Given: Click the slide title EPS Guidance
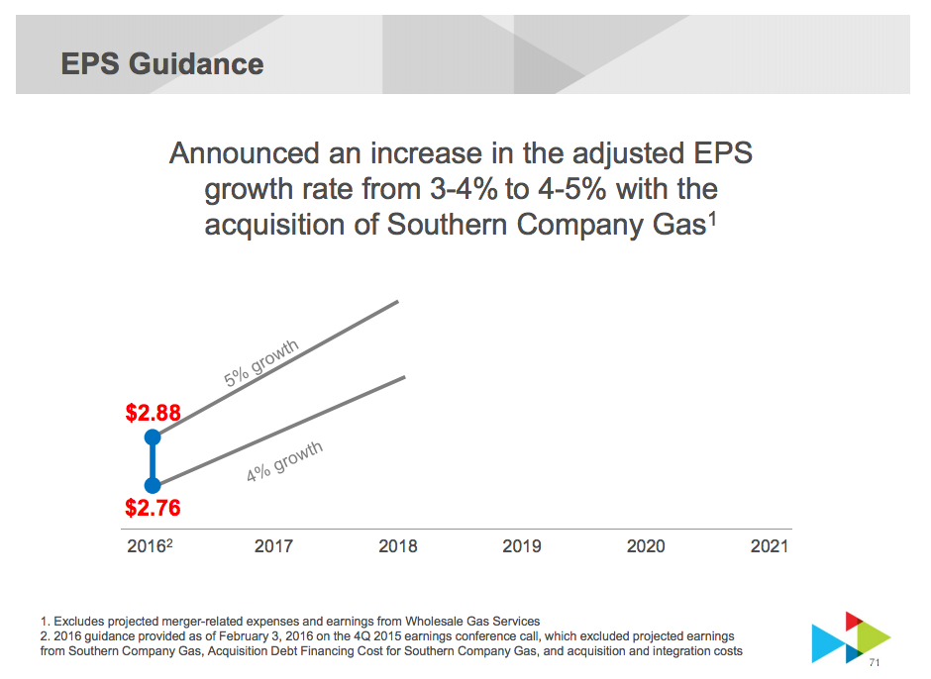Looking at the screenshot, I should [161, 64].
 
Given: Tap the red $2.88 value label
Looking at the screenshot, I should [153, 413].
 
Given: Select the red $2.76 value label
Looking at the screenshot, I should [153, 509].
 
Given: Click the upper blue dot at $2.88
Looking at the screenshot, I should [153, 436].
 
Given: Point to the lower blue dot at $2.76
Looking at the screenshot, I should [153, 485].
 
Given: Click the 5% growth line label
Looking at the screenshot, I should [260, 363].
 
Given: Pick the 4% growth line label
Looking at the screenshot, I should [284, 461].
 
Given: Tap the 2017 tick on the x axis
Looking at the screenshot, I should [273, 545].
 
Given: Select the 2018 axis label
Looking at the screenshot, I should [398, 545].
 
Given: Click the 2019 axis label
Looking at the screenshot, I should [522, 545].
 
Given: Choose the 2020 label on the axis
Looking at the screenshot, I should [646, 545].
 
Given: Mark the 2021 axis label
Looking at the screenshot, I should [770, 545].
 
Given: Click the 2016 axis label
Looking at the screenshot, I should [147, 545].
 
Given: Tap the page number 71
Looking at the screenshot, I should [874, 662].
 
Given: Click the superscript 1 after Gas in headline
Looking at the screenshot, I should [712, 217].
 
